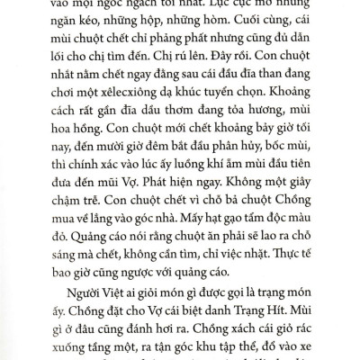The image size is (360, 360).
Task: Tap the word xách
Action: (208, 359)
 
